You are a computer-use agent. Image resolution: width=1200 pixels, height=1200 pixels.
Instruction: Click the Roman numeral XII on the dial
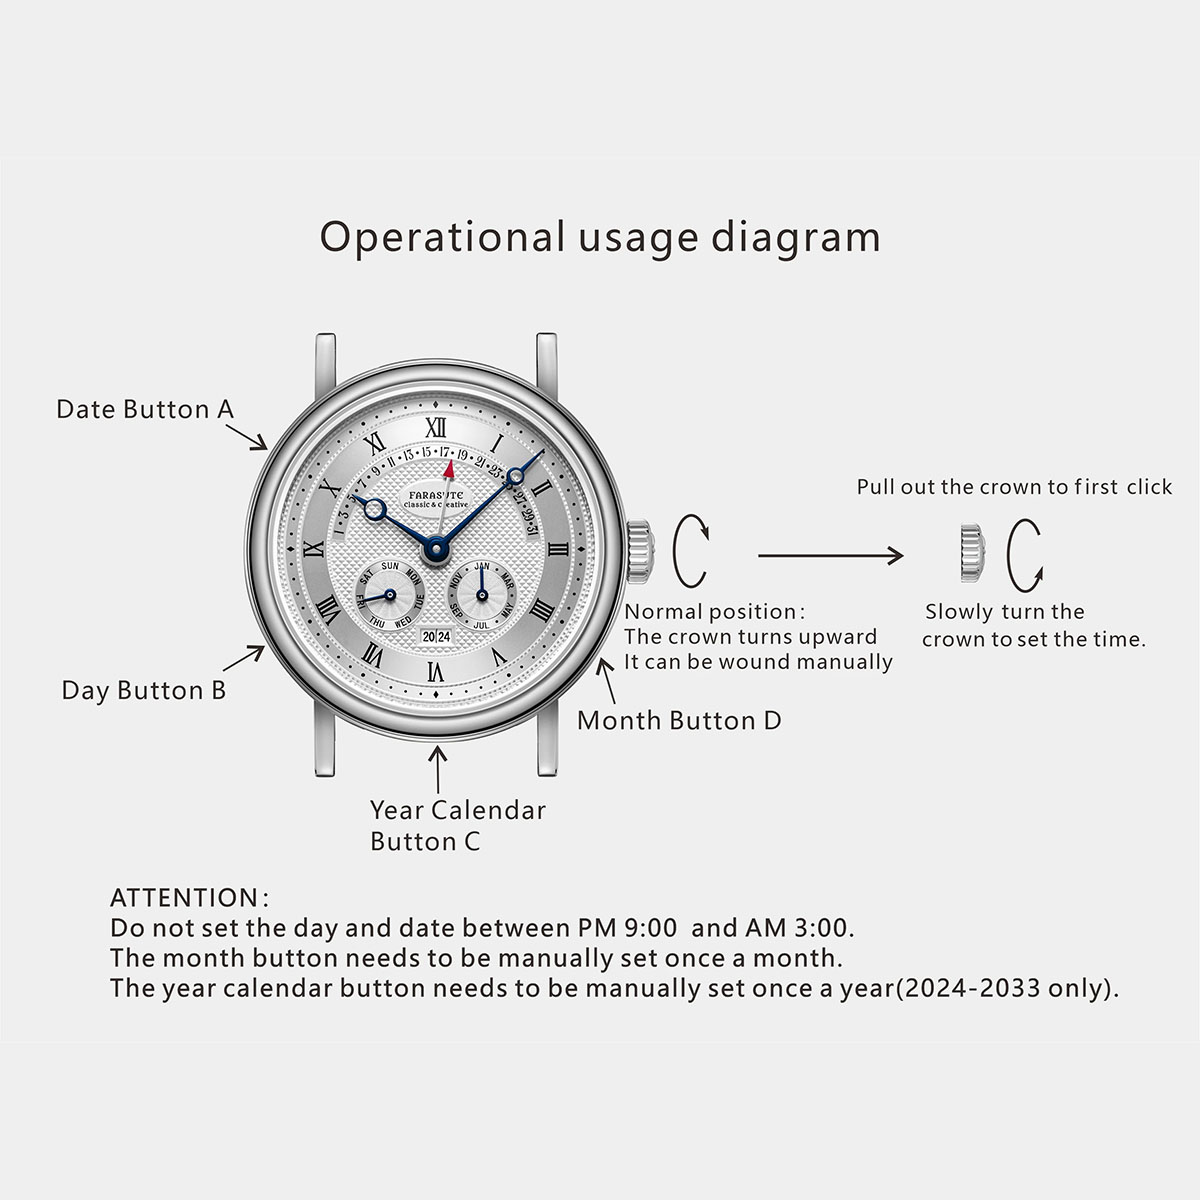click(x=436, y=427)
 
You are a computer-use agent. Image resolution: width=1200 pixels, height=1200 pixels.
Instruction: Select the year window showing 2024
click(x=436, y=636)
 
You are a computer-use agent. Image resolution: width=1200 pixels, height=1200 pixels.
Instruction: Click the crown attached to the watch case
click(x=640, y=552)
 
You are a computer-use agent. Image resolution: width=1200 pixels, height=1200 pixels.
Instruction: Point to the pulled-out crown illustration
click(x=972, y=554)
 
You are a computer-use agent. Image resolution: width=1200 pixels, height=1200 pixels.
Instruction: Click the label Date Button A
click(x=145, y=410)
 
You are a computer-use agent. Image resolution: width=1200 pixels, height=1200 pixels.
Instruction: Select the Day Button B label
click(x=143, y=691)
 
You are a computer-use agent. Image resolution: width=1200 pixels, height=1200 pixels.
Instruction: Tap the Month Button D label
click(x=679, y=720)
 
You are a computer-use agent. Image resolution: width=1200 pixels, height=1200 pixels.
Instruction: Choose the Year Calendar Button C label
click(x=458, y=826)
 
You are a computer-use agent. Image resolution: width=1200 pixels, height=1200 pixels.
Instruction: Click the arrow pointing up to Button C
click(x=438, y=770)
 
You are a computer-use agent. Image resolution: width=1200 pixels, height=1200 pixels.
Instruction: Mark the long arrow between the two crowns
click(x=830, y=555)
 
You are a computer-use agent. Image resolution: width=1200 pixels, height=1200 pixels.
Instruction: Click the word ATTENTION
click(x=184, y=898)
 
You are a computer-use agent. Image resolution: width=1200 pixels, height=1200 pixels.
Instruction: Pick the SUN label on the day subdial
click(x=390, y=566)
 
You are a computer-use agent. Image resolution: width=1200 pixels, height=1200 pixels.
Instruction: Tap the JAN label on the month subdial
click(x=482, y=566)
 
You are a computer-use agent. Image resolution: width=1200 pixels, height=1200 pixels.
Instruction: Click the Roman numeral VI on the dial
click(x=436, y=671)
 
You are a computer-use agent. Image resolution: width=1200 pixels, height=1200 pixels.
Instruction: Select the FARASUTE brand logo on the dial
click(x=436, y=494)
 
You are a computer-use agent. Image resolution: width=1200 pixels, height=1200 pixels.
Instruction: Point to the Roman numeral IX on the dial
click(x=314, y=549)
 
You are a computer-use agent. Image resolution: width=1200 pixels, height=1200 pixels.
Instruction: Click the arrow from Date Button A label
click(x=247, y=437)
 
